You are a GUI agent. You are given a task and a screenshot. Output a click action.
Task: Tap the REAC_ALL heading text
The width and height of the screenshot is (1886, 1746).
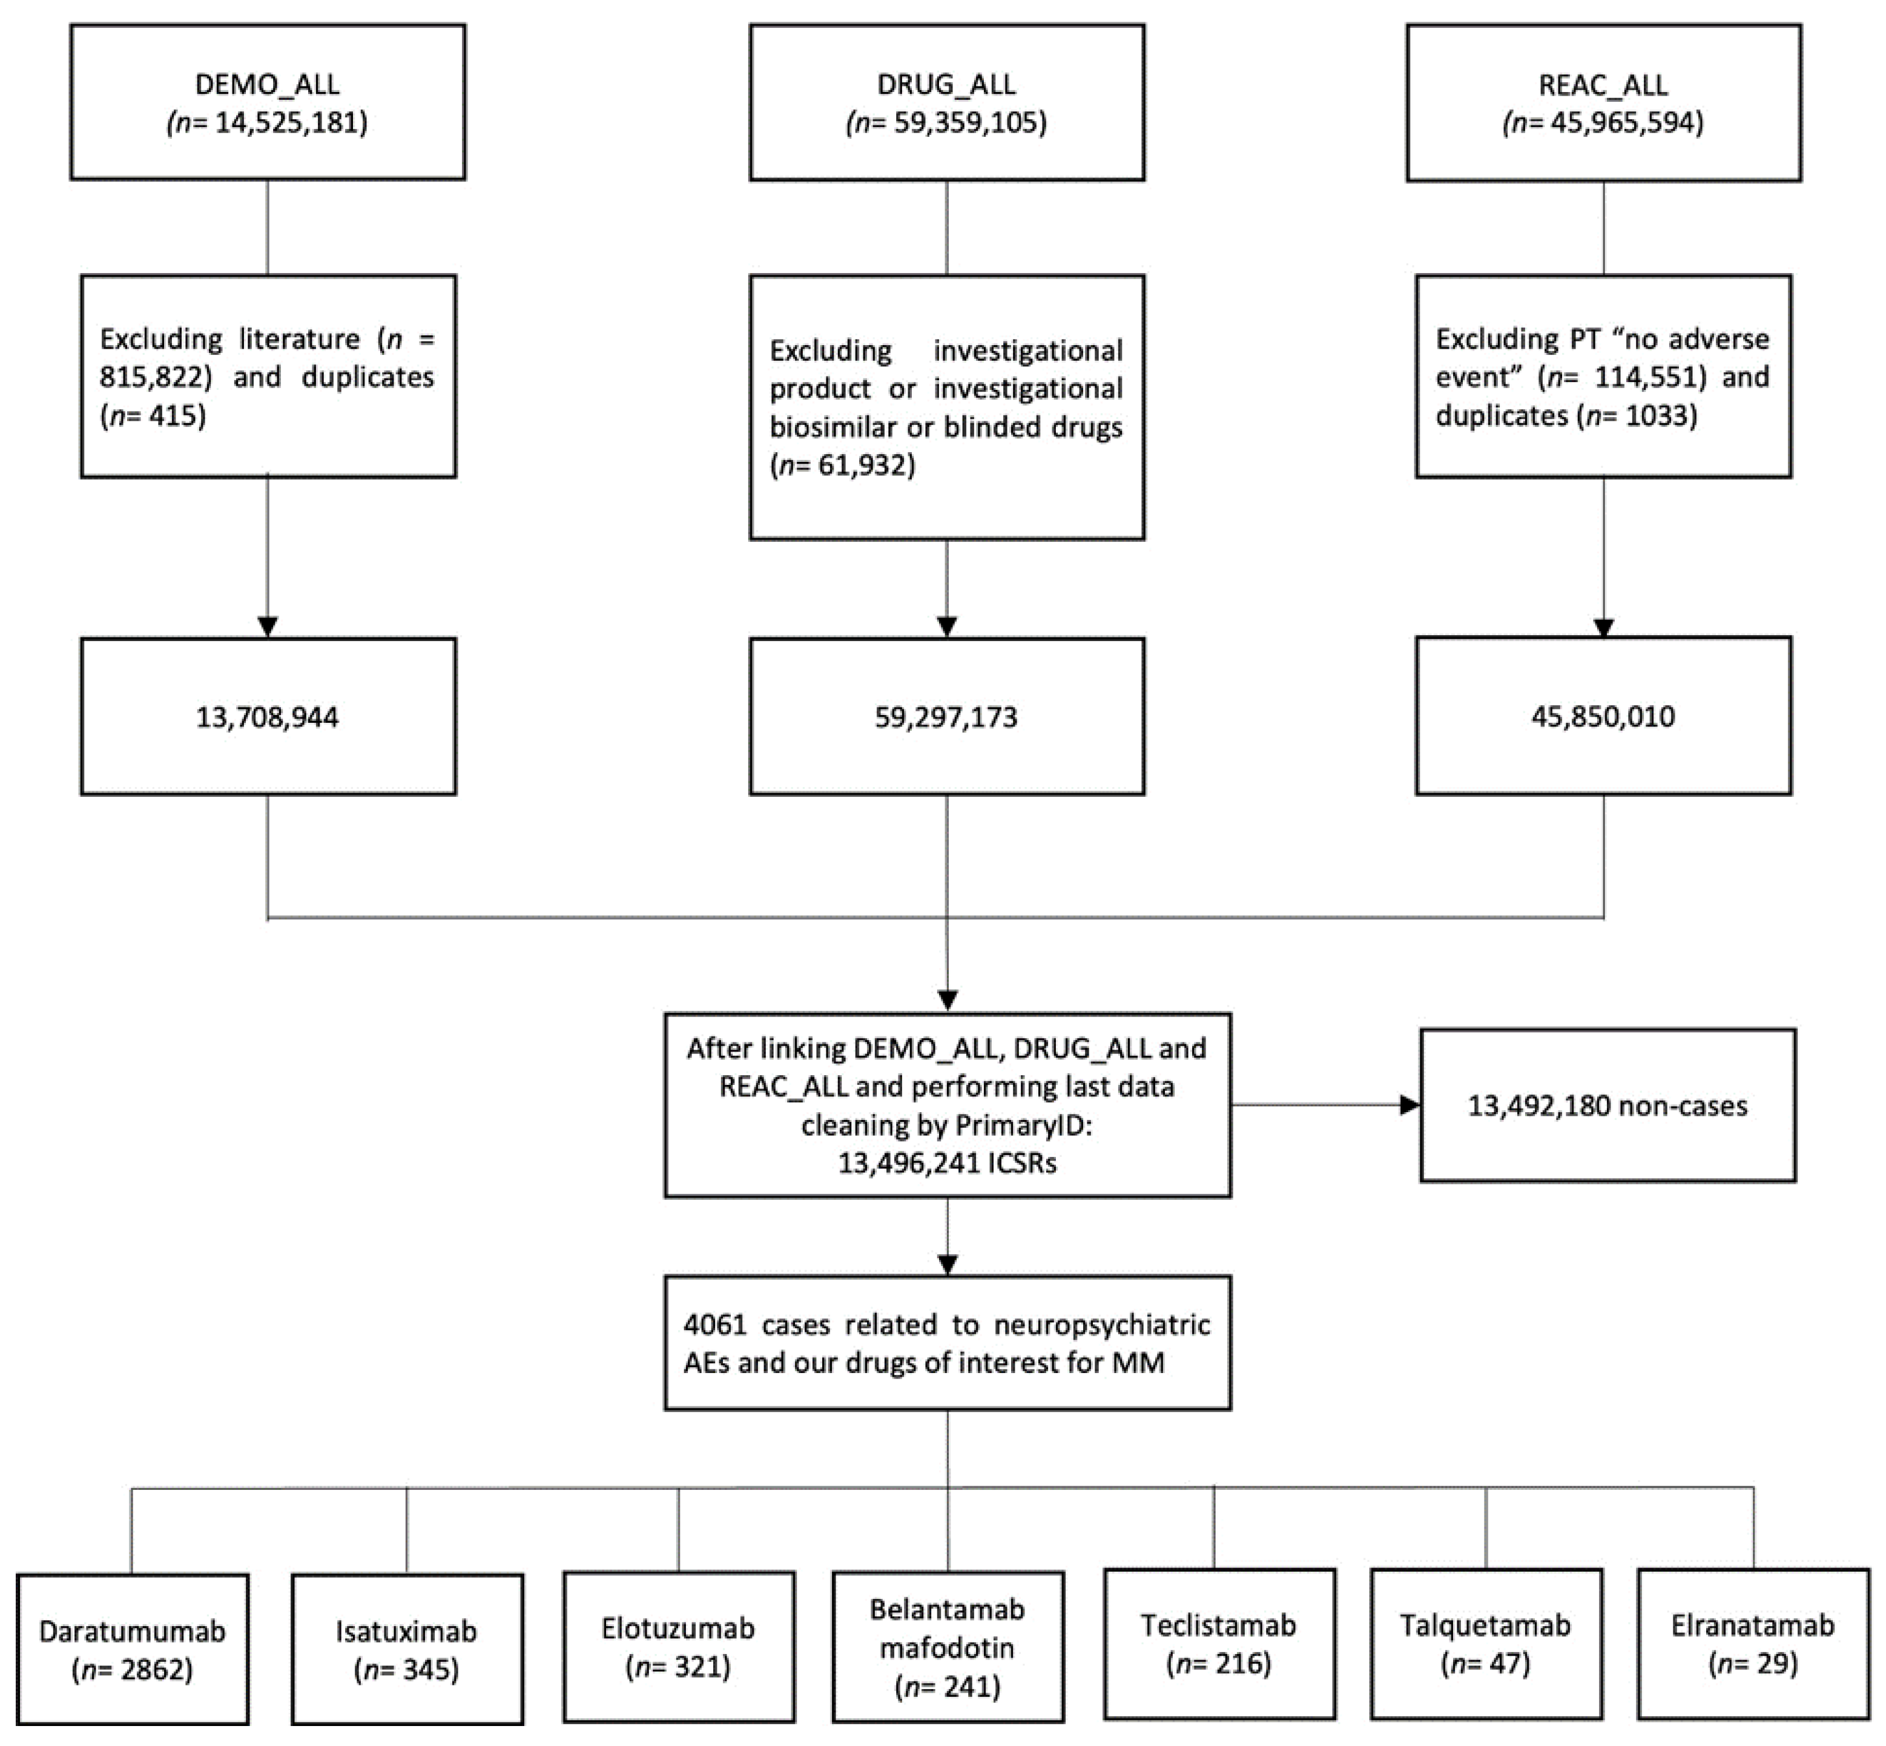[x=1603, y=84]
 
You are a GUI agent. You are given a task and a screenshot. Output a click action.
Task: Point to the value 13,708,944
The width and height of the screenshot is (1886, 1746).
[x=268, y=717]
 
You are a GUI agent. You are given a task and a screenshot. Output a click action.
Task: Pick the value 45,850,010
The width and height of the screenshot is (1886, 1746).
[x=1603, y=716]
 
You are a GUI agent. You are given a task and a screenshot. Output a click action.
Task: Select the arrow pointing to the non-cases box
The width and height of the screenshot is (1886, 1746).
[x=1408, y=1104]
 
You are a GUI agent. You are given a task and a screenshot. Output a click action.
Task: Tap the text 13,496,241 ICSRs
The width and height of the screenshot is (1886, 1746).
[x=947, y=1162]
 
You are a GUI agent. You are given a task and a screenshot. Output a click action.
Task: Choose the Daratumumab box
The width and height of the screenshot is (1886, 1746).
[x=132, y=1649]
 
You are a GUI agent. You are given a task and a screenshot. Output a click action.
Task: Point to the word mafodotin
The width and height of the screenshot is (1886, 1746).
[x=947, y=1648]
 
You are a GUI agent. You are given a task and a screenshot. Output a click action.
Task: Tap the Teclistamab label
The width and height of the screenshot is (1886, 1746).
[x=1218, y=1625]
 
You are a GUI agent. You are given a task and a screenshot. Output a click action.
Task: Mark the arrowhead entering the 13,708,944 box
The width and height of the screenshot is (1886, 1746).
[x=268, y=627]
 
